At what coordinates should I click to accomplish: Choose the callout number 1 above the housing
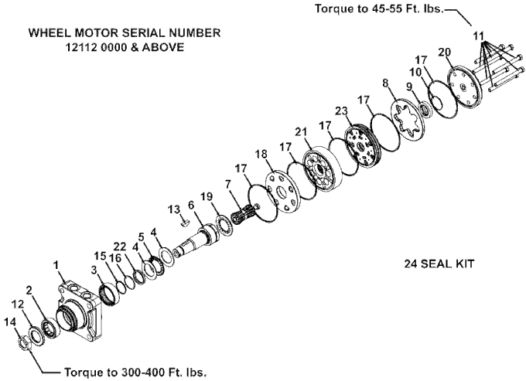coord(55,265)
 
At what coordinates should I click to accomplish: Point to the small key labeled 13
coord(185,222)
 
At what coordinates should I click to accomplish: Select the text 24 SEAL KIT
coord(439,263)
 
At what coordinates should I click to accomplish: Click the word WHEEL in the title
coord(48,33)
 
